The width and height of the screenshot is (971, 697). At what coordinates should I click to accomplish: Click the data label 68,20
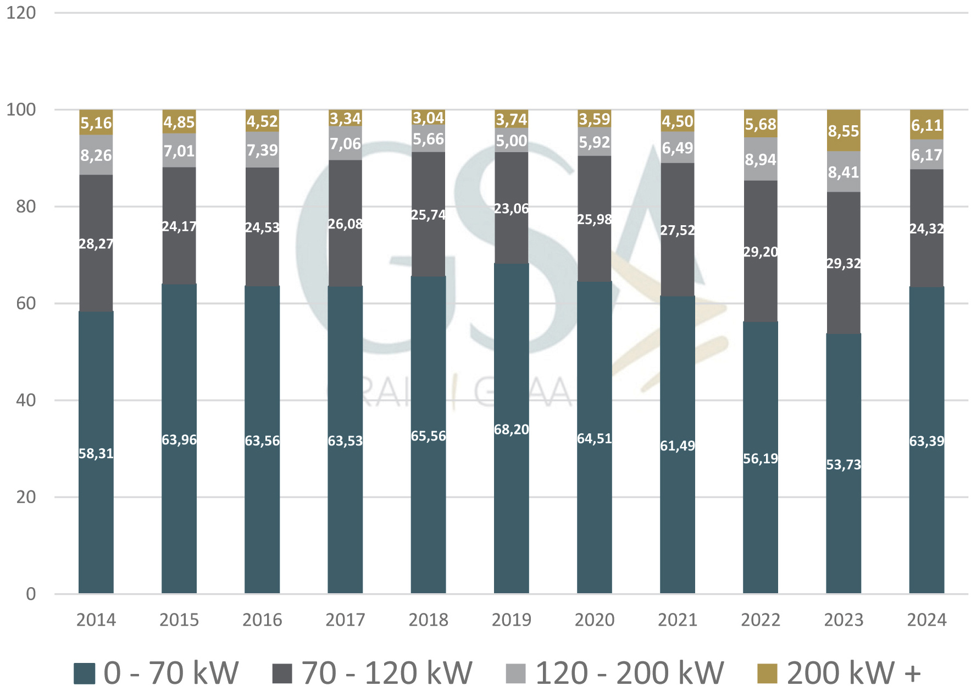click(x=511, y=430)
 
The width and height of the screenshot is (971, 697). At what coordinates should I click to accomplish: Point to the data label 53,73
click(x=844, y=465)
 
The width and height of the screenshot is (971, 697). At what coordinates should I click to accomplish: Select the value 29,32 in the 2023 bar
click(x=844, y=264)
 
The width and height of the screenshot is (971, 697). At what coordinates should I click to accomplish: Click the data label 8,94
click(x=761, y=160)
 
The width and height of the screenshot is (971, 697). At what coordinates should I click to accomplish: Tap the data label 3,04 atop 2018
click(x=428, y=118)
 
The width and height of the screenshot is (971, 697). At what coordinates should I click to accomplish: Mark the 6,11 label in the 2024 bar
click(x=926, y=126)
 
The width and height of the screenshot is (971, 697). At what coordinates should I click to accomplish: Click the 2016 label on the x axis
click(x=262, y=620)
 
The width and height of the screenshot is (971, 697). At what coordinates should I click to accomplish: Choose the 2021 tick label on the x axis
click(x=678, y=620)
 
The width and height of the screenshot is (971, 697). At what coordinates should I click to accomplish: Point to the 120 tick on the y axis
click(x=21, y=13)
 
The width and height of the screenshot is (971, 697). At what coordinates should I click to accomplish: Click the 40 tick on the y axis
click(x=26, y=400)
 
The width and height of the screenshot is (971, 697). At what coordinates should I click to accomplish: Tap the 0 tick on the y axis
click(x=31, y=594)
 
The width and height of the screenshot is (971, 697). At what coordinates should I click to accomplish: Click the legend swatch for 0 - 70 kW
click(x=85, y=673)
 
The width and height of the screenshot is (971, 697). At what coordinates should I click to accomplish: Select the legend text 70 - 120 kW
click(x=387, y=673)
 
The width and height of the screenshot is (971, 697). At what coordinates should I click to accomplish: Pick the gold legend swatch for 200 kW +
click(x=767, y=673)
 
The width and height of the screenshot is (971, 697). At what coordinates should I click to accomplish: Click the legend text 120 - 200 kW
click(x=629, y=673)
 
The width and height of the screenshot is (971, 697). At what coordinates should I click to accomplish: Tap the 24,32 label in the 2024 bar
click(x=926, y=228)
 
